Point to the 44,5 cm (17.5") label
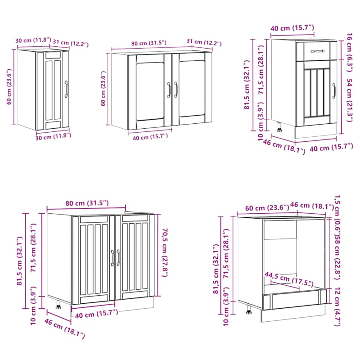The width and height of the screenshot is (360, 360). click(283, 279)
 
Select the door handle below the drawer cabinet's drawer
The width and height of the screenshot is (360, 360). click(334, 91)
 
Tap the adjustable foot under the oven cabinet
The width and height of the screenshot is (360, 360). click(248, 310)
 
